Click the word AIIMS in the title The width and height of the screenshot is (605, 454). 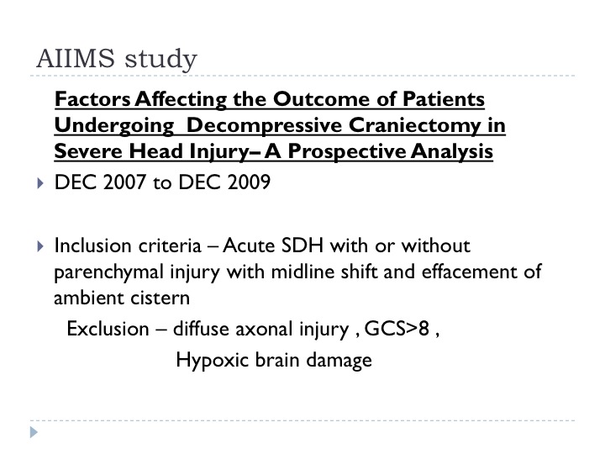pyautogui.click(x=76, y=59)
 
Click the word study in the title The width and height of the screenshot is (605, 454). pyautogui.click(x=160, y=60)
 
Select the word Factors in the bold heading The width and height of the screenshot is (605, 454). pyautogui.click(x=92, y=99)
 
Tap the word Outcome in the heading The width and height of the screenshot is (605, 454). pyautogui.click(x=322, y=99)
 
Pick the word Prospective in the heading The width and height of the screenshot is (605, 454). pyautogui.click(x=347, y=151)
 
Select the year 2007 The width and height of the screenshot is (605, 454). pyautogui.click(x=124, y=182)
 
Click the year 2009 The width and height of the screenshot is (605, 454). pyautogui.click(x=249, y=182)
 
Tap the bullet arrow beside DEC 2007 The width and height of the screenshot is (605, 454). pyautogui.click(x=40, y=183)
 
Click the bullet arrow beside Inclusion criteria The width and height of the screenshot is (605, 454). pyautogui.click(x=40, y=246)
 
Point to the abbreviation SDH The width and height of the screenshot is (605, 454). pyautogui.click(x=302, y=245)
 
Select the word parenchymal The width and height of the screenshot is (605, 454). pyautogui.click(x=109, y=272)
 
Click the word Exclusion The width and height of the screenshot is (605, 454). pyautogui.click(x=108, y=329)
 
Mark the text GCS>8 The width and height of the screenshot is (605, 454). pyautogui.click(x=397, y=329)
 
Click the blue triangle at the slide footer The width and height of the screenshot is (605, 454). pyautogui.click(x=34, y=432)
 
